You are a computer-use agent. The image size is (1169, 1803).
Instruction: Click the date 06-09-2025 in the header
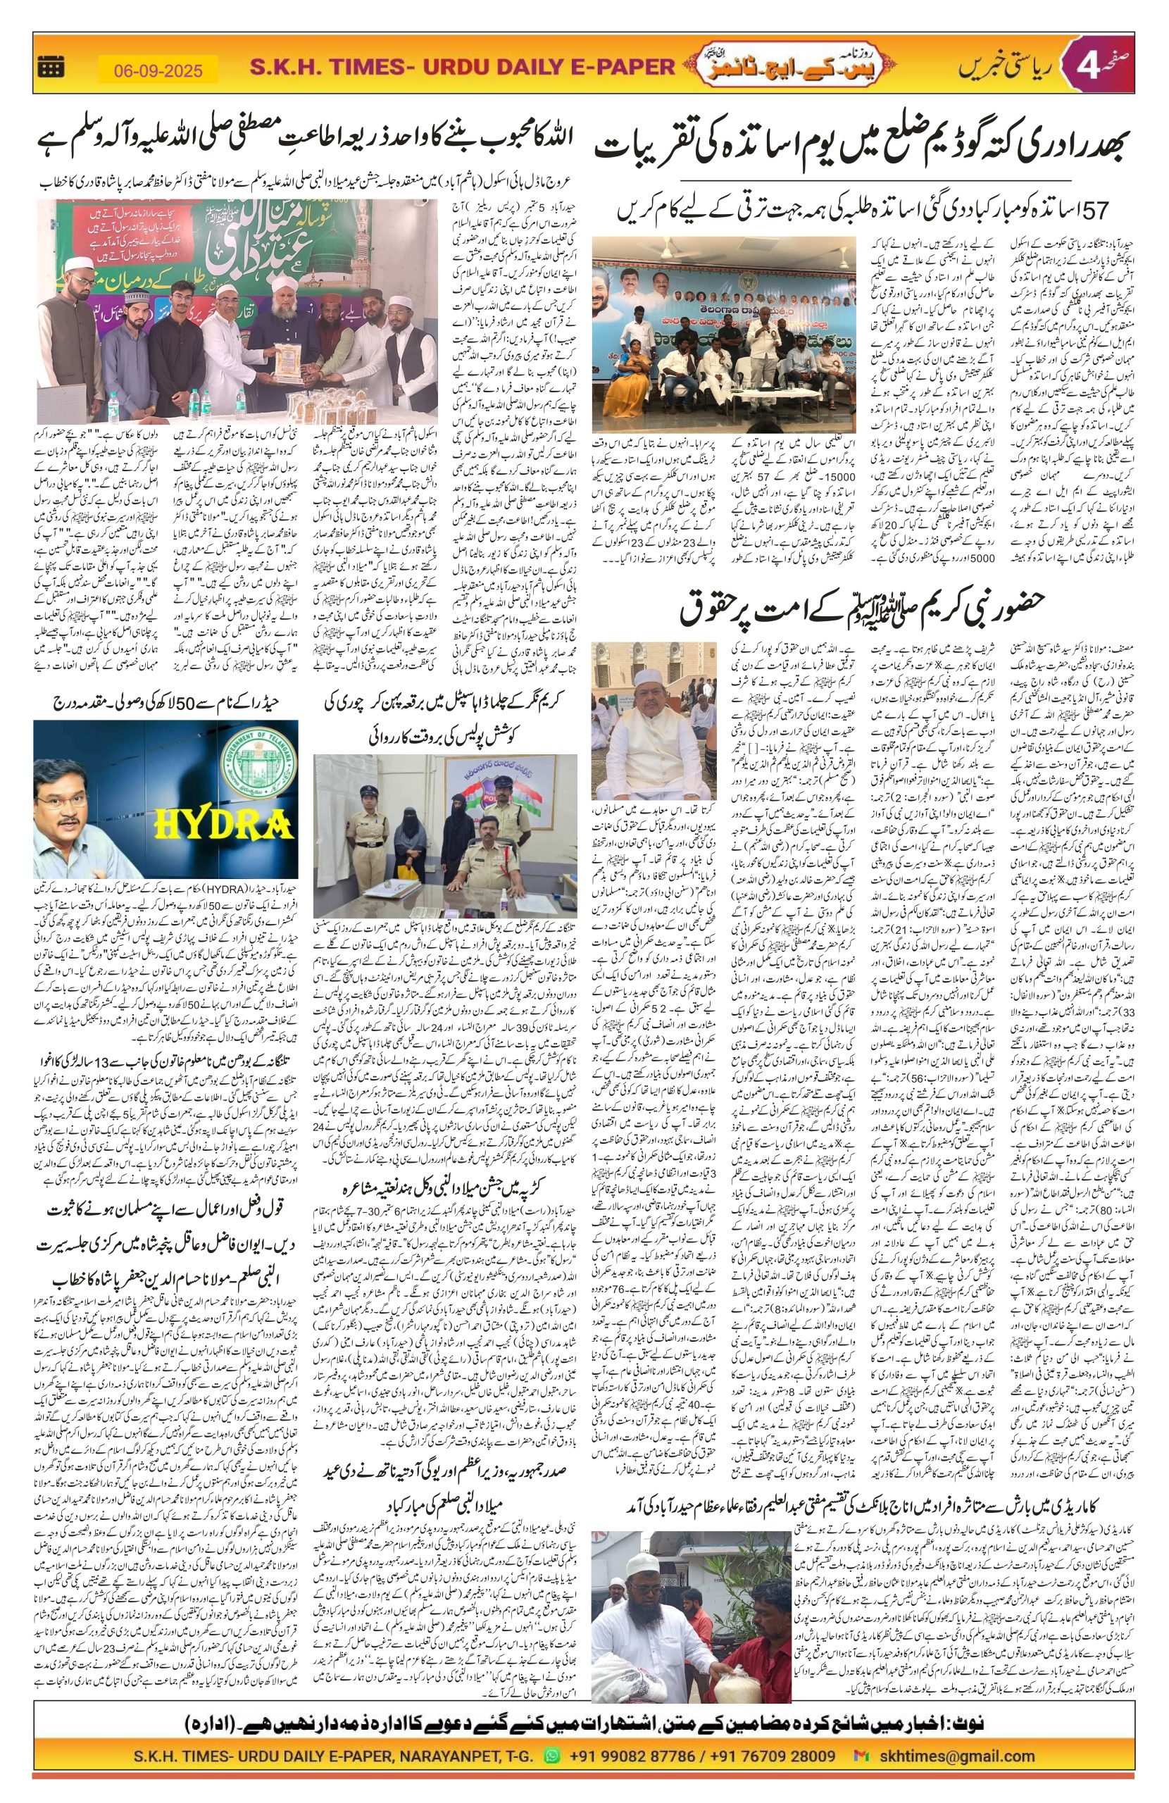[158, 70]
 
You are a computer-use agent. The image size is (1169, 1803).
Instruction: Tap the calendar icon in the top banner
[51, 68]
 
